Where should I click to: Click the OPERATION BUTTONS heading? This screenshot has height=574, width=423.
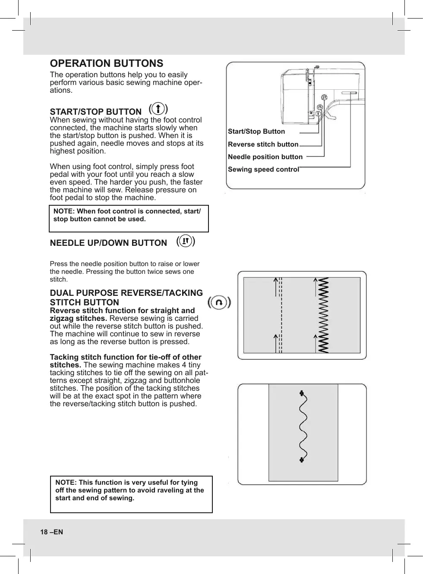pyautogui.click(x=106, y=63)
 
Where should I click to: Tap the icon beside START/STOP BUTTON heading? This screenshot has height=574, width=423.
pyautogui.click(x=158, y=108)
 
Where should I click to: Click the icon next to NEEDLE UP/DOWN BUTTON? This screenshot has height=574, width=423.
pyautogui.click(x=186, y=241)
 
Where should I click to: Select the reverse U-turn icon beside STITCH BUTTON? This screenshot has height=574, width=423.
pyautogui.click(x=219, y=302)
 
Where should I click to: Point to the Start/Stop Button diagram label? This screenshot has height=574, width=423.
pyautogui.click(x=256, y=132)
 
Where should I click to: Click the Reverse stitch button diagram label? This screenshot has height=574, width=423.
pyautogui.click(x=263, y=144)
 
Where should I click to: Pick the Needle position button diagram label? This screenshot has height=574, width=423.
pyautogui.click(x=265, y=157)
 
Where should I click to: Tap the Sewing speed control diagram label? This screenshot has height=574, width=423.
pyautogui.click(x=263, y=169)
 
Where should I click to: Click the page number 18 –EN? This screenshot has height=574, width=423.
pyautogui.click(x=51, y=532)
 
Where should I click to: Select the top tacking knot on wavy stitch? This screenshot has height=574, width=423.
pyautogui.click(x=302, y=393)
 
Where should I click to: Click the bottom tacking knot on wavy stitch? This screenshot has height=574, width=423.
pyautogui.click(x=302, y=460)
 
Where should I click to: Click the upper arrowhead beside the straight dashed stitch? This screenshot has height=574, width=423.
pyautogui.click(x=276, y=281)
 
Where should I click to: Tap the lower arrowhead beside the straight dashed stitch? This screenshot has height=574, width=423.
pyautogui.click(x=276, y=336)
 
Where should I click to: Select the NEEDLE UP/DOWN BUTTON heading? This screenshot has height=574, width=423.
pyautogui.click(x=108, y=243)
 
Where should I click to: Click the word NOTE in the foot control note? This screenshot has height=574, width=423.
pyautogui.click(x=63, y=211)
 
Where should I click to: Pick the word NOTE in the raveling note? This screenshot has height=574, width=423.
pyautogui.click(x=65, y=483)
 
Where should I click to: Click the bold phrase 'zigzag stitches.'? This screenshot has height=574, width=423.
pyautogui.click(x=79, y=318)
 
